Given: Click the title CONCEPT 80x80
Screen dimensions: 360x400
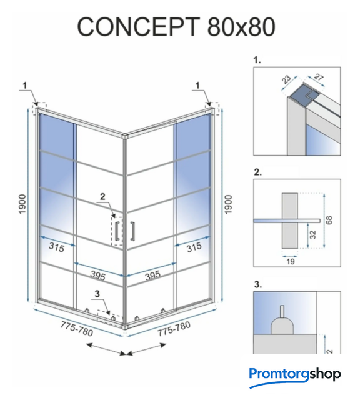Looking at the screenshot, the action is click(x=176, y=26).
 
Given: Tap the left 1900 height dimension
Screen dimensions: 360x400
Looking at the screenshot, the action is click(x=22, y=204).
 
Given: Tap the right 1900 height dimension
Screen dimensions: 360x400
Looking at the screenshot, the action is click(x=228, y=204).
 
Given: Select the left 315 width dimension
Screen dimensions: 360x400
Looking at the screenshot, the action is click(x=56, y=247).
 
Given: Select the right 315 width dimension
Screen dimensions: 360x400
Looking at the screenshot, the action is click(x=194, y=247).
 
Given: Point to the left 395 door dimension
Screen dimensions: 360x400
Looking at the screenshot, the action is click(x=97, y=275).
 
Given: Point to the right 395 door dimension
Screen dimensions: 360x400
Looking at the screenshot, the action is click(x=153, y=275).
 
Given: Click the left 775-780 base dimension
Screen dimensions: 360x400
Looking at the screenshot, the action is click(x=76, y=329).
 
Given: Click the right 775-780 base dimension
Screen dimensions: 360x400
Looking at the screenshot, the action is click(x=174, y=329).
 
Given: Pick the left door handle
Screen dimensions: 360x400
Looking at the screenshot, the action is click(x=117, y=231).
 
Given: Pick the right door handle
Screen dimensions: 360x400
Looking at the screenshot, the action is click(x=132, y=231).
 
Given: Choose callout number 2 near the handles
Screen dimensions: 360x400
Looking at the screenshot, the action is click(x=102, y=196).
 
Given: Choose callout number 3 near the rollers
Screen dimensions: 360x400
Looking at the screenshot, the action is click(x=97, y=294).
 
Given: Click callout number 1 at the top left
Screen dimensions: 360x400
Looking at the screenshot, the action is click(x=25, y=85).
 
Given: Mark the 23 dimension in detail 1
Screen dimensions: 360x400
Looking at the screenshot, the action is click(x=286, y=79).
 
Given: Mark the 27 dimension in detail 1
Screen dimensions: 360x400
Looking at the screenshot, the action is click(x=318, y=77).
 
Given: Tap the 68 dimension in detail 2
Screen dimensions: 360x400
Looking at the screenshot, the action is click(x=329, y=220).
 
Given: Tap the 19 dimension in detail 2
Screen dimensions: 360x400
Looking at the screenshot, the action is click(x=291, y=261).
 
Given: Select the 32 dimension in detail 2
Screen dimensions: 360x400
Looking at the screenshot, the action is click(x=312, y=234).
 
